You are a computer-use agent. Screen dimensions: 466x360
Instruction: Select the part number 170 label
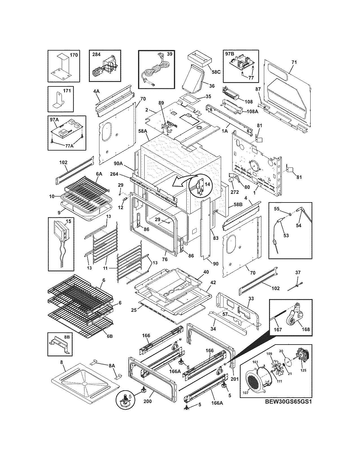(x=74, y=55)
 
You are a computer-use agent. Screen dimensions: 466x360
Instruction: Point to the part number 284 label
(x=96, y=54)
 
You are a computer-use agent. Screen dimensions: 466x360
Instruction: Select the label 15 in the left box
(x=69, y=222)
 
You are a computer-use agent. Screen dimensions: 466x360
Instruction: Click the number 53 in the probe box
(x=286, y=236)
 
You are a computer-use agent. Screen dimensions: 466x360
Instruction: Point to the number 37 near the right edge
(x=298, y=273)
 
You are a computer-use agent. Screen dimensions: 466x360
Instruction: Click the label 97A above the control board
(x=54, y=120)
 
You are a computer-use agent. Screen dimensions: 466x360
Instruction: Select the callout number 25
(x=134, y=310)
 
